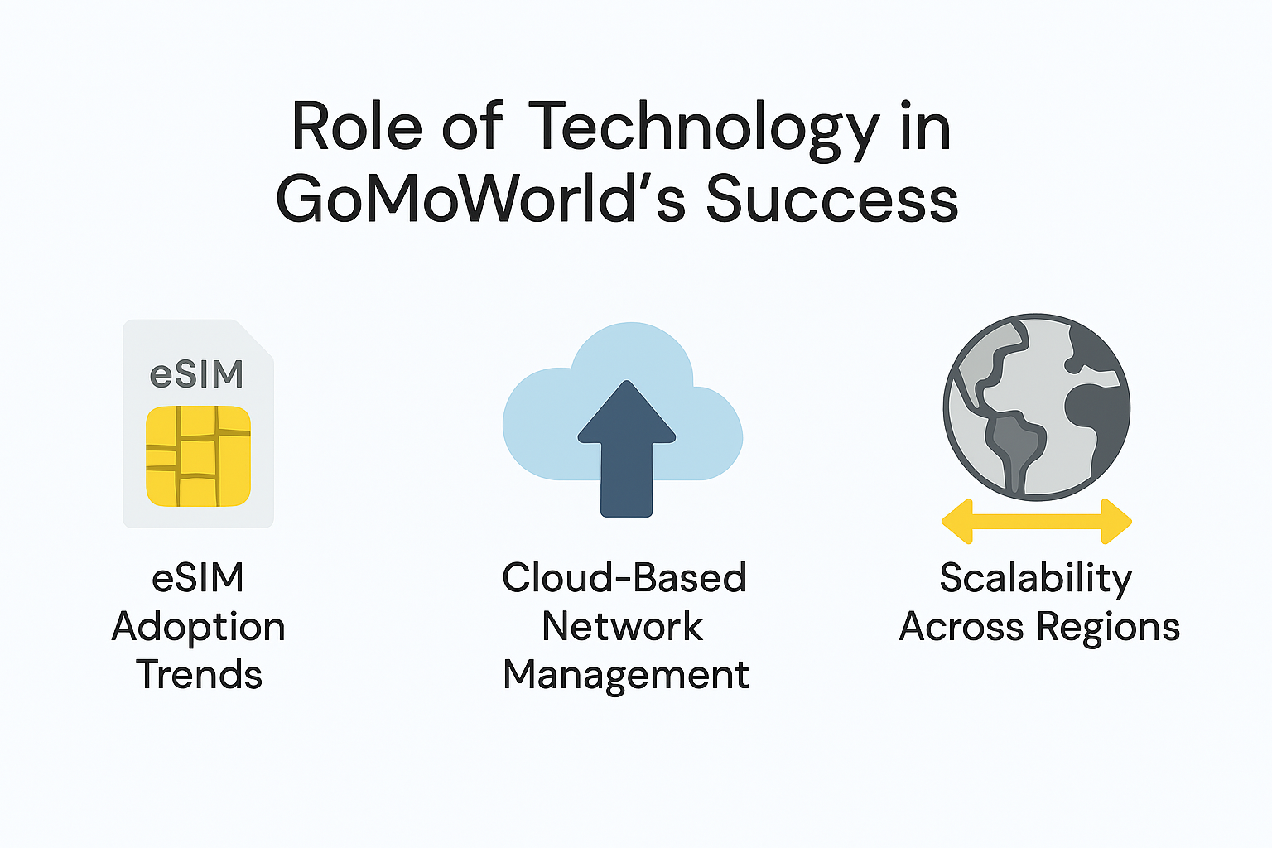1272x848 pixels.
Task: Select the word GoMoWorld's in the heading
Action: click(480, 200)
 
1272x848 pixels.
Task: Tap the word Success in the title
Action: click(831, 200)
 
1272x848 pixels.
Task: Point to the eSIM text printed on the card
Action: click(197, 374)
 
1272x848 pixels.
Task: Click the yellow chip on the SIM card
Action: click(198, 456)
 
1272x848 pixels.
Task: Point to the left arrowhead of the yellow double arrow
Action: click(957, 522)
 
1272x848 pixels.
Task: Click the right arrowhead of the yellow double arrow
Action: click(1117, 522)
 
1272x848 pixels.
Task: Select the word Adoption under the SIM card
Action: click(199, 628)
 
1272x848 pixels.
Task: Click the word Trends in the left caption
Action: click(200, 675)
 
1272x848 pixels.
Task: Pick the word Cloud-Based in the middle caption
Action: click(624, 578)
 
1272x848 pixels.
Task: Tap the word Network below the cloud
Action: click(622, 626)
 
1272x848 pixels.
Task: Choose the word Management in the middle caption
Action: click(626, 675)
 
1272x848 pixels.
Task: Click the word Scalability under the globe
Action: click(1035, 578)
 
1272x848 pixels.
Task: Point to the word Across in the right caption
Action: click(961, 626)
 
